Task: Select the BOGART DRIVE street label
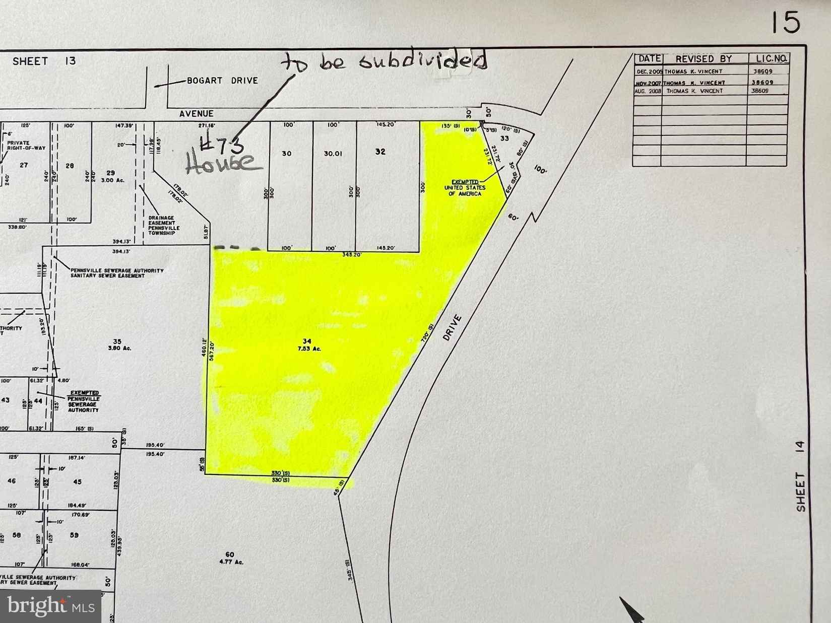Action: coord(222,81)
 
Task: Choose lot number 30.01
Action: coord(333,153)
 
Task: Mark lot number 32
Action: coord(380,151)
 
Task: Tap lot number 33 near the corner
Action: coord(504,138)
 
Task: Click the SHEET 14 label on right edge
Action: coord(801,476)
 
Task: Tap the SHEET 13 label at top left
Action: coord(44,61)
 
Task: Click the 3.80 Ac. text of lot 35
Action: coord(117,348)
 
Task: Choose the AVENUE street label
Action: coord(197,114)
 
